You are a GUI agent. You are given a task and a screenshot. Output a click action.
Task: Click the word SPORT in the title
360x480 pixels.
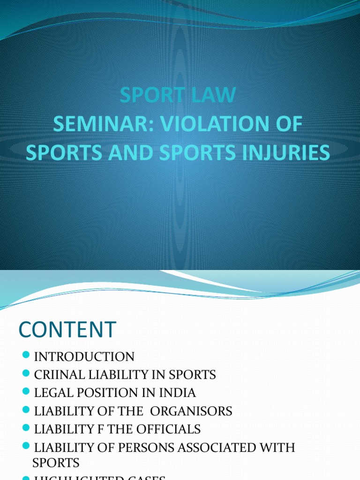click(x=149, y=95)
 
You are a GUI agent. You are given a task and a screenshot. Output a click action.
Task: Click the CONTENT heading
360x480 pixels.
click(x=67, y=329)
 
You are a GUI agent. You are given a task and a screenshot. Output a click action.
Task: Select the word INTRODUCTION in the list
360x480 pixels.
click(x=84, y=357)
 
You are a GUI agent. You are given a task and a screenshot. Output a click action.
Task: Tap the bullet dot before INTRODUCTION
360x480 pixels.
click(x=26, y=356)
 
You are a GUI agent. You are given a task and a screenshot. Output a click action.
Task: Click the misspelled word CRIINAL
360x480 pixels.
click(x=59, y=375)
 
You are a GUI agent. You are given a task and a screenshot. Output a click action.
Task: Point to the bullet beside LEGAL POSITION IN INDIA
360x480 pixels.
click(x=26, y=392)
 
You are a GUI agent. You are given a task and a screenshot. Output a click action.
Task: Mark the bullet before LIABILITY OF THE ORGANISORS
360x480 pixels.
click(x=26, y=410)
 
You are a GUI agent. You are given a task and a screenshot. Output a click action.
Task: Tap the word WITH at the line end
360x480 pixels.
click(x=279, y=447)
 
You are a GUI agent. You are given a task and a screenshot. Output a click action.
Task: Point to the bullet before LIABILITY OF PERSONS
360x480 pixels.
click(x=26, y=446)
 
